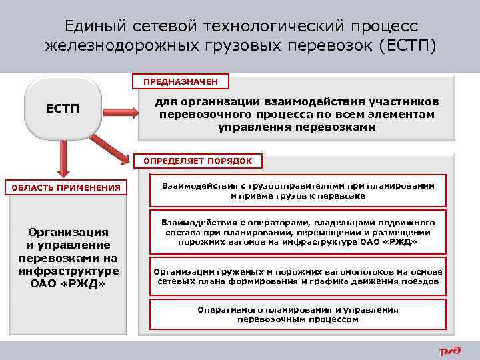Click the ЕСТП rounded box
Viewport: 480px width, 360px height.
[x=61, y=108]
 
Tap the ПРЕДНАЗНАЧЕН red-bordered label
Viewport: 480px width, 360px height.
[x=181, y=82]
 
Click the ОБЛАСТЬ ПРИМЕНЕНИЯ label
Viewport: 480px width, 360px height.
[x=66, y=187]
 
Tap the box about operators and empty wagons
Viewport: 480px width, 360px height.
[x=298, y=232]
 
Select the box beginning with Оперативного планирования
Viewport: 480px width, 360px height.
[x=298, y=314]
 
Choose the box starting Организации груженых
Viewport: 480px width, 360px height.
[x=298, y=276]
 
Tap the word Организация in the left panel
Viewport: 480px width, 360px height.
[x=68, y=232]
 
